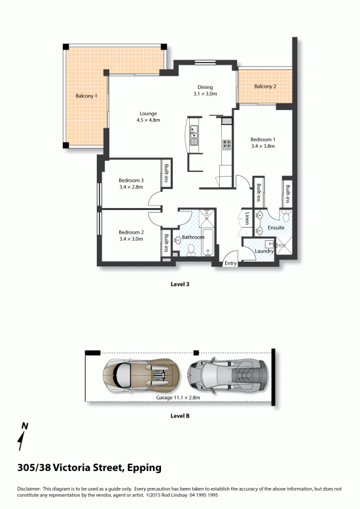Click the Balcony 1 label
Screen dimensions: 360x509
pos(86,96)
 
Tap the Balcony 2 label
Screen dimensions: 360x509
pos(265,86)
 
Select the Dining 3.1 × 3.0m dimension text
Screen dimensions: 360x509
pos(205,94)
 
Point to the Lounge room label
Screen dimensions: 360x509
pos(148,114)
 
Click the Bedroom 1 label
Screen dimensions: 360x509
pos(263,139)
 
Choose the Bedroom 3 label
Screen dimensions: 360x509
pos(131,181)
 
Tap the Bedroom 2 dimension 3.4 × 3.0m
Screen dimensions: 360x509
pos(131,239)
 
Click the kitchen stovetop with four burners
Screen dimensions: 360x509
pos(226,144)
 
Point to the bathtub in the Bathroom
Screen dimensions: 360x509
pos(207,242)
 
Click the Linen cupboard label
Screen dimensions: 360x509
pos(247,218)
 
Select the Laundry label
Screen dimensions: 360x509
pos(264,251)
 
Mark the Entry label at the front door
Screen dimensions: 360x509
pos(230,263)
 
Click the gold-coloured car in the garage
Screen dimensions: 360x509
pos(141,374)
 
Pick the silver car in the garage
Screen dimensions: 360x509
pos(228,376)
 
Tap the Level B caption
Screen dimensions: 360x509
pos(180,416)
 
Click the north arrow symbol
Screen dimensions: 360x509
pos(22,436)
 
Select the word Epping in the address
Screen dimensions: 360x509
pos(144,468)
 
